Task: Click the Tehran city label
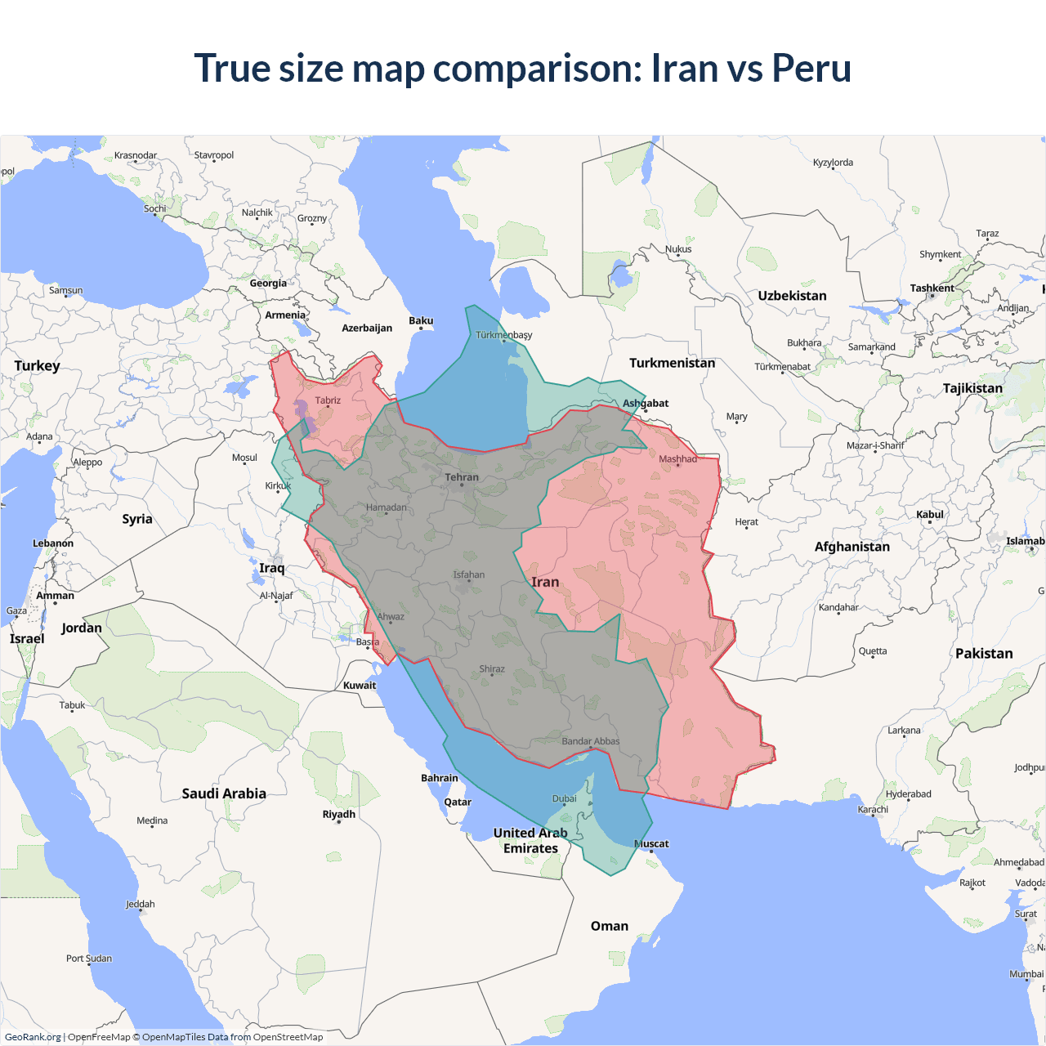point(462,477)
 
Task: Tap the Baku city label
point(421,320)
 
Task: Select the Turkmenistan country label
point(672,363)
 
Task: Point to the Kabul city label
point(930,514)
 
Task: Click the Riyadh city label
point(338,814)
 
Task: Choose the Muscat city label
point(651,843)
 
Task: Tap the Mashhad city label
point(677,458)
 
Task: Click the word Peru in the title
point(811,68)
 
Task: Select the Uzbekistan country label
point(792,296)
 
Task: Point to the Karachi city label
point(873,809)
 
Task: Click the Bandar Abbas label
point(590,741)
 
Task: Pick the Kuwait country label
point(360,685)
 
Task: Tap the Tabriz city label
point(328,400)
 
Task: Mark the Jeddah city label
point(140,904)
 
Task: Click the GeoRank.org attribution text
point(33,1037)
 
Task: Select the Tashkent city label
point(932,288)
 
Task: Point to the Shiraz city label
point(492,668)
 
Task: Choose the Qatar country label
point(458,802)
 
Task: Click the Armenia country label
point(285,315)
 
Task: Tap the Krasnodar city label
point(136,155)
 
